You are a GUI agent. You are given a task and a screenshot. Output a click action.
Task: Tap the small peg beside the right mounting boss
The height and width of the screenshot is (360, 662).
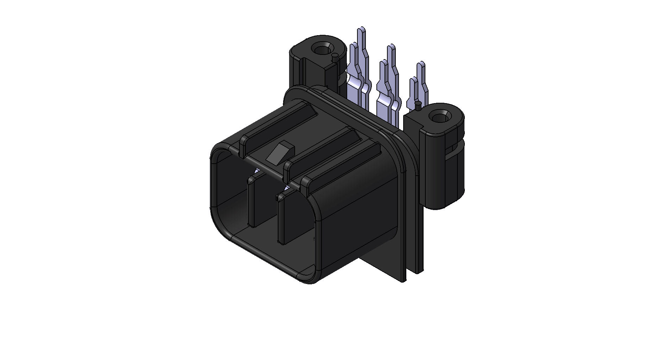[418, 104]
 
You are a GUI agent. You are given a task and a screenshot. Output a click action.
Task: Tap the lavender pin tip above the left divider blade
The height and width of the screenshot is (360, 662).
[256, 172]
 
